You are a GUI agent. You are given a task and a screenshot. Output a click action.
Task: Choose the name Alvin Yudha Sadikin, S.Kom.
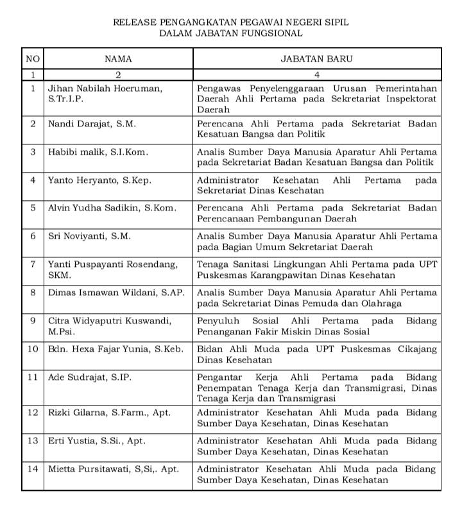tap(112, 208)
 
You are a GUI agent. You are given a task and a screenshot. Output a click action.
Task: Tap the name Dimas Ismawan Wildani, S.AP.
tap(116, 293)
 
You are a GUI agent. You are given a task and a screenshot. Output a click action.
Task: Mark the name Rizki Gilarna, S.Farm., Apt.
tap(110, 413)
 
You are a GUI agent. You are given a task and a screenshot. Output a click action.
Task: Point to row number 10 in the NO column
tap(33, 348)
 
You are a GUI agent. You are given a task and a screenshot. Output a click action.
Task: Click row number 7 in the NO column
tap(33, 264)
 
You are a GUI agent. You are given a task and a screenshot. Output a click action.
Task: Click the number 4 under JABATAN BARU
tap(316, 74)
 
